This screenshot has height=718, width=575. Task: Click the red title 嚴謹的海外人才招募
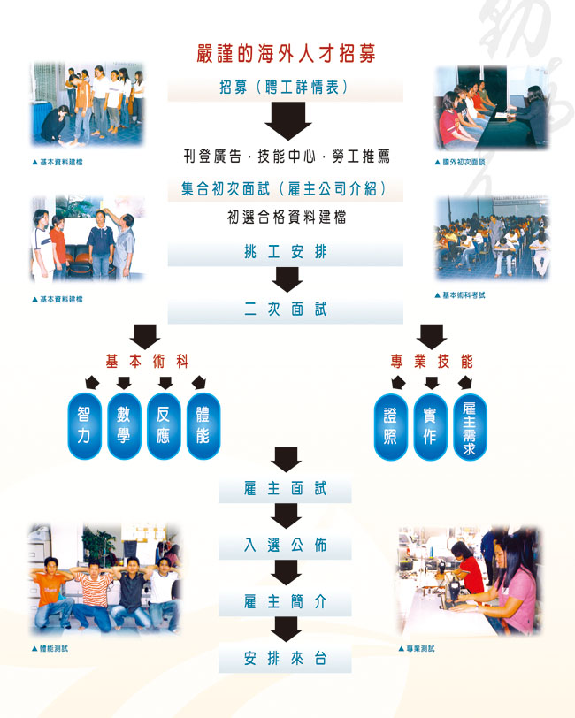pyautogui.click(x=286, y=53)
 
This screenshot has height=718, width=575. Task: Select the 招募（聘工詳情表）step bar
pyautogui.click(x=286, y=88)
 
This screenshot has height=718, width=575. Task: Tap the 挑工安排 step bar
pyautogui.click(x=286, y=252)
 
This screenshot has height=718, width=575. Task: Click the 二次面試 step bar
pyautogui.click(x=286, y=309)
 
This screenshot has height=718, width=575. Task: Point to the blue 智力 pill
pyautogui.click(x=84, y=426)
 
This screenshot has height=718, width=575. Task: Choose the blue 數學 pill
pyautogui.click(x=124, y=426)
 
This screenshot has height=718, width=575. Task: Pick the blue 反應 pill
pyautogui.click(x=164, y=426)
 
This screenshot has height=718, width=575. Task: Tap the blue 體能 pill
pyautogui.click(x=203, y=426)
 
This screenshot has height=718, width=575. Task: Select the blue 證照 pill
pyautogui.click(x=390, y=426)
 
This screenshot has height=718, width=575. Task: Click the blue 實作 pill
pyautogui.click(x=430, y=426)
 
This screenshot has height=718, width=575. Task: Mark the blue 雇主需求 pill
pyautogui.click(x=470, y=426)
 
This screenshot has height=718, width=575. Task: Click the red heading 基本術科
pyautogui.click(x=147, y=361)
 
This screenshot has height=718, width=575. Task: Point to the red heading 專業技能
pyautogui.click(x=432, y=361)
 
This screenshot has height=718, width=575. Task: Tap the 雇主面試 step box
pyautogui.click(x=286, y=489)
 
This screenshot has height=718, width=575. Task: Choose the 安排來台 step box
pyautogui.click(x=286, y=659)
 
